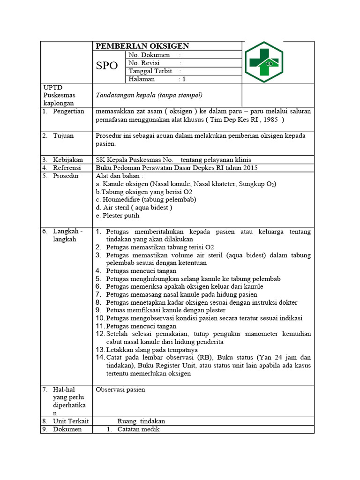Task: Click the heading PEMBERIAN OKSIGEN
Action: (x=142, y=46)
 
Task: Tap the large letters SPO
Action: (x=107, y=66)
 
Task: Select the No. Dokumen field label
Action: (x=150, y=55)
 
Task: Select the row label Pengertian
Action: (x=68, y=111)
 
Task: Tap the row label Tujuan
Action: (x=64, y=136)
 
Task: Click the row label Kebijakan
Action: (x=68, y=160)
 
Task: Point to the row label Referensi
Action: (x=67, y=168)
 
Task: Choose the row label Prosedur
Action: (x=66, y=176)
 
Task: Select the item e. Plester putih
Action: (x=118, y=216)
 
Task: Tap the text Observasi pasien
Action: (x=120, y=390)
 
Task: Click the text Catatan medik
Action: (x=138, y=429)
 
